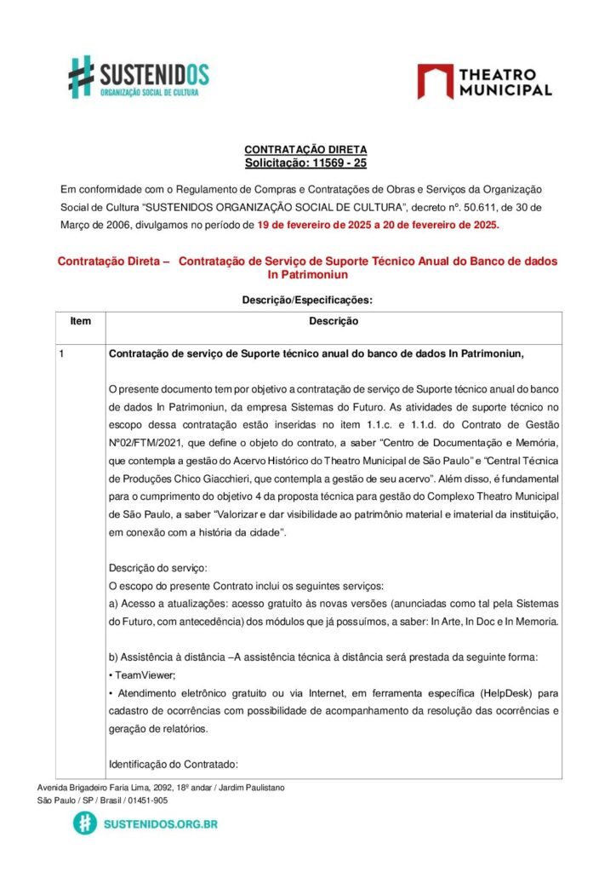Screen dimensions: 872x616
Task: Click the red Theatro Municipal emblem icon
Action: (434, 81)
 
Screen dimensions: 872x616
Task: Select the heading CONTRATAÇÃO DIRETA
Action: (305, 150)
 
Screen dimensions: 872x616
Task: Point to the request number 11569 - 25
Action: (338, 163)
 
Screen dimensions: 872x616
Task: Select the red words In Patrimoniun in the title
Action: (307, 275)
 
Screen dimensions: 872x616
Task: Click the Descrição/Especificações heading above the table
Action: (307, 300)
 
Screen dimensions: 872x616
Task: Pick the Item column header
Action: (81, 322)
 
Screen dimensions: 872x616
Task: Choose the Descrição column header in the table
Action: (333, 322)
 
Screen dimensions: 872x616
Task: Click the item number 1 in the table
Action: (62, 353)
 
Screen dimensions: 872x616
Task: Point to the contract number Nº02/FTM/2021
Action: (148, 443)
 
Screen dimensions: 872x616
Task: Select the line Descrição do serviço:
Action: (158, 567)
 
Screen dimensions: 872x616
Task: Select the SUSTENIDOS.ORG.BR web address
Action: (160, 823)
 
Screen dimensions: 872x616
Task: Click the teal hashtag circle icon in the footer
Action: (84, 823)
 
